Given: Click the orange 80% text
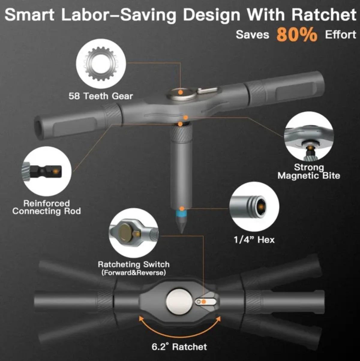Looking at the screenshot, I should pos(296,35).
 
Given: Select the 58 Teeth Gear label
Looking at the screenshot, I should pos(100,96).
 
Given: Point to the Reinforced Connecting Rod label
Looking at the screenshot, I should pos(46,207).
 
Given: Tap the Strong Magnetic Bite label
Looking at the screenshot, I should pos(309,171).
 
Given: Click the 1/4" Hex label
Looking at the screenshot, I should pos(254,239).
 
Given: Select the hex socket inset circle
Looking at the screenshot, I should pos(254,206).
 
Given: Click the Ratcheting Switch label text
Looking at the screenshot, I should pos(133,265).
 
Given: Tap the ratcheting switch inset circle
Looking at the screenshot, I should pos(133,234).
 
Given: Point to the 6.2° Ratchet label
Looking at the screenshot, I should pos(179,347).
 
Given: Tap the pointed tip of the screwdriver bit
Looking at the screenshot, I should pos(181,230).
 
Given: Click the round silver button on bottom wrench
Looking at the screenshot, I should pos(179,302).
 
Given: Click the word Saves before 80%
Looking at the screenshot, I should pos(252,35).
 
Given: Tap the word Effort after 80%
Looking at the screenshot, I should pos(340,35).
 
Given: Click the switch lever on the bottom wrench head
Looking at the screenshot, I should pos(205,302).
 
